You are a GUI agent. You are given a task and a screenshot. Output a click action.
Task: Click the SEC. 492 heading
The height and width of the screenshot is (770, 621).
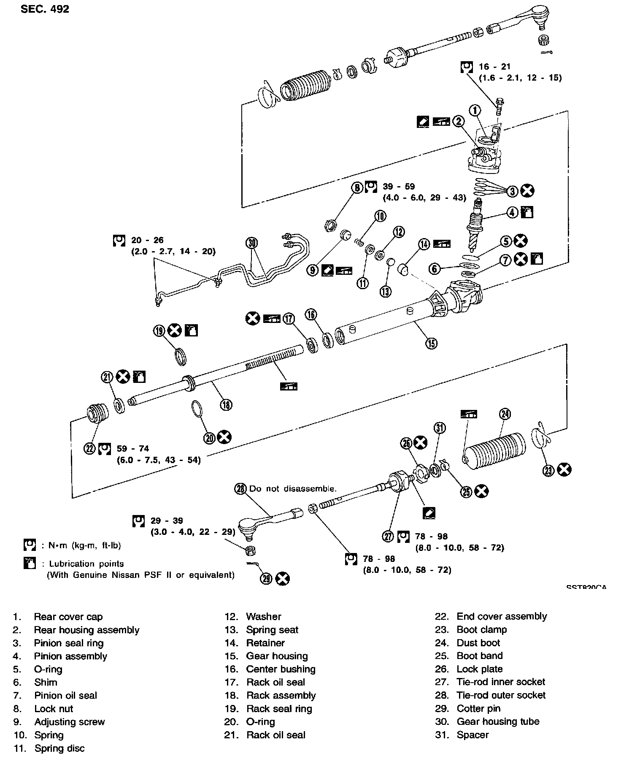[45, 9]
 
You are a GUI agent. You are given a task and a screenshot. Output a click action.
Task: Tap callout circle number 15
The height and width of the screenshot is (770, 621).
[431, 343]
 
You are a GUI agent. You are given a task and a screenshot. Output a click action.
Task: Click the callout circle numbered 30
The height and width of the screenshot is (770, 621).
[252, 243]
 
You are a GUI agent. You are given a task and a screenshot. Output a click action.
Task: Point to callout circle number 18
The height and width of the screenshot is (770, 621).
[226, 405]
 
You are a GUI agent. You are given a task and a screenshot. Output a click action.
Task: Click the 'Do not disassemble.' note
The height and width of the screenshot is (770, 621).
[293, 488]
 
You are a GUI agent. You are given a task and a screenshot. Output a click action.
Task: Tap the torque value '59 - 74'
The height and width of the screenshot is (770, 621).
[133, 448]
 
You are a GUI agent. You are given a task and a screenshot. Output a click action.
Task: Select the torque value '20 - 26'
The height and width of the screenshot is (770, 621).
[147, 240]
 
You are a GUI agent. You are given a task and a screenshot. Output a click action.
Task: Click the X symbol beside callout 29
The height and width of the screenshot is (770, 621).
[283, 578]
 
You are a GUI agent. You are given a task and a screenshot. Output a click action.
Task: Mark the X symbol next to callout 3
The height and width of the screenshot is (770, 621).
[527, 191]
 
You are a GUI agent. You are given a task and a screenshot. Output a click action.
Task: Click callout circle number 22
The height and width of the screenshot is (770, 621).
[89, 448]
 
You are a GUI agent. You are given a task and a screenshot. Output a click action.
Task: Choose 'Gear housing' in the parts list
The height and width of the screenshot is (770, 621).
[277, 656]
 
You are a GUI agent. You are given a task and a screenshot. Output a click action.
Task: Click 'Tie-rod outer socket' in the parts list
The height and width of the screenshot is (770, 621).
[501, 695]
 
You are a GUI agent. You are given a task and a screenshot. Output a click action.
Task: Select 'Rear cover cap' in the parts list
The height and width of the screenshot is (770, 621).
[68, 617]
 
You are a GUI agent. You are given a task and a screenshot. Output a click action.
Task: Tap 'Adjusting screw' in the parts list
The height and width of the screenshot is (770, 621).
[70, 721]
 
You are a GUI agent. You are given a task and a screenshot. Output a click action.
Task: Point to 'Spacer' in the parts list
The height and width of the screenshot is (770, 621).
[472, 735]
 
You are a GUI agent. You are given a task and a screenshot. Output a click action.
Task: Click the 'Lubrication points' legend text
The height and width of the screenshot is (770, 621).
[86, 564]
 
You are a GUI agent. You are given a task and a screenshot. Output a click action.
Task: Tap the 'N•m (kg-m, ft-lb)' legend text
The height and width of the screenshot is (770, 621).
[81, 545]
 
